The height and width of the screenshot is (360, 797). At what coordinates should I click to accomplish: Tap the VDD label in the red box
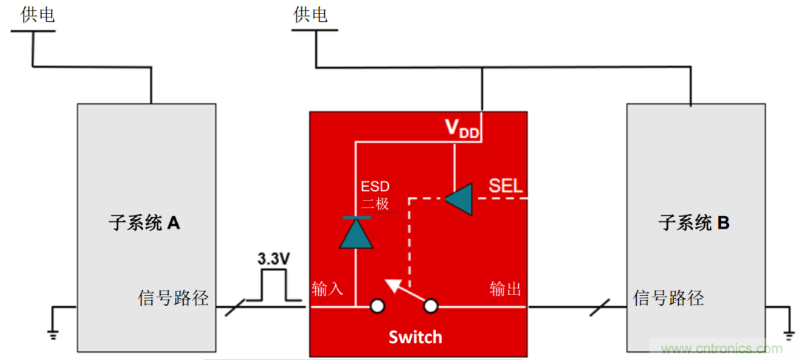(x=462, y=128)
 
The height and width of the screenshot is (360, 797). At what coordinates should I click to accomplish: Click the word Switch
(x=415, y=337)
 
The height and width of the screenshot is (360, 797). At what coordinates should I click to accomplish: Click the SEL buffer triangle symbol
(x=459, y=198)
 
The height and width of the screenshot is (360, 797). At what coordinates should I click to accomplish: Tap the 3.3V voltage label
(x=273, y=260)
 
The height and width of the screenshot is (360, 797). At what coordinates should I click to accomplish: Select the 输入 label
(x=328, y=288)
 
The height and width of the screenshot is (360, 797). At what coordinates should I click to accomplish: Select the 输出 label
(x=506, y=288)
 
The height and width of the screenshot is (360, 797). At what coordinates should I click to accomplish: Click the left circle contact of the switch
(x=377, y=305)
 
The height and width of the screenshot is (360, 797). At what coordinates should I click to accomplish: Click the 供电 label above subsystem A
(x=38, y=15)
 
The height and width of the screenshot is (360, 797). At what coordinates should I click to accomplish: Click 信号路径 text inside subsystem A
(x=173, y=298)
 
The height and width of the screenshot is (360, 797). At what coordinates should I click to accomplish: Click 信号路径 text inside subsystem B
(x=669, y=298)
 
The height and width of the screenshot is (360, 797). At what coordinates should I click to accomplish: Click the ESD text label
(x=373, y=187)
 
